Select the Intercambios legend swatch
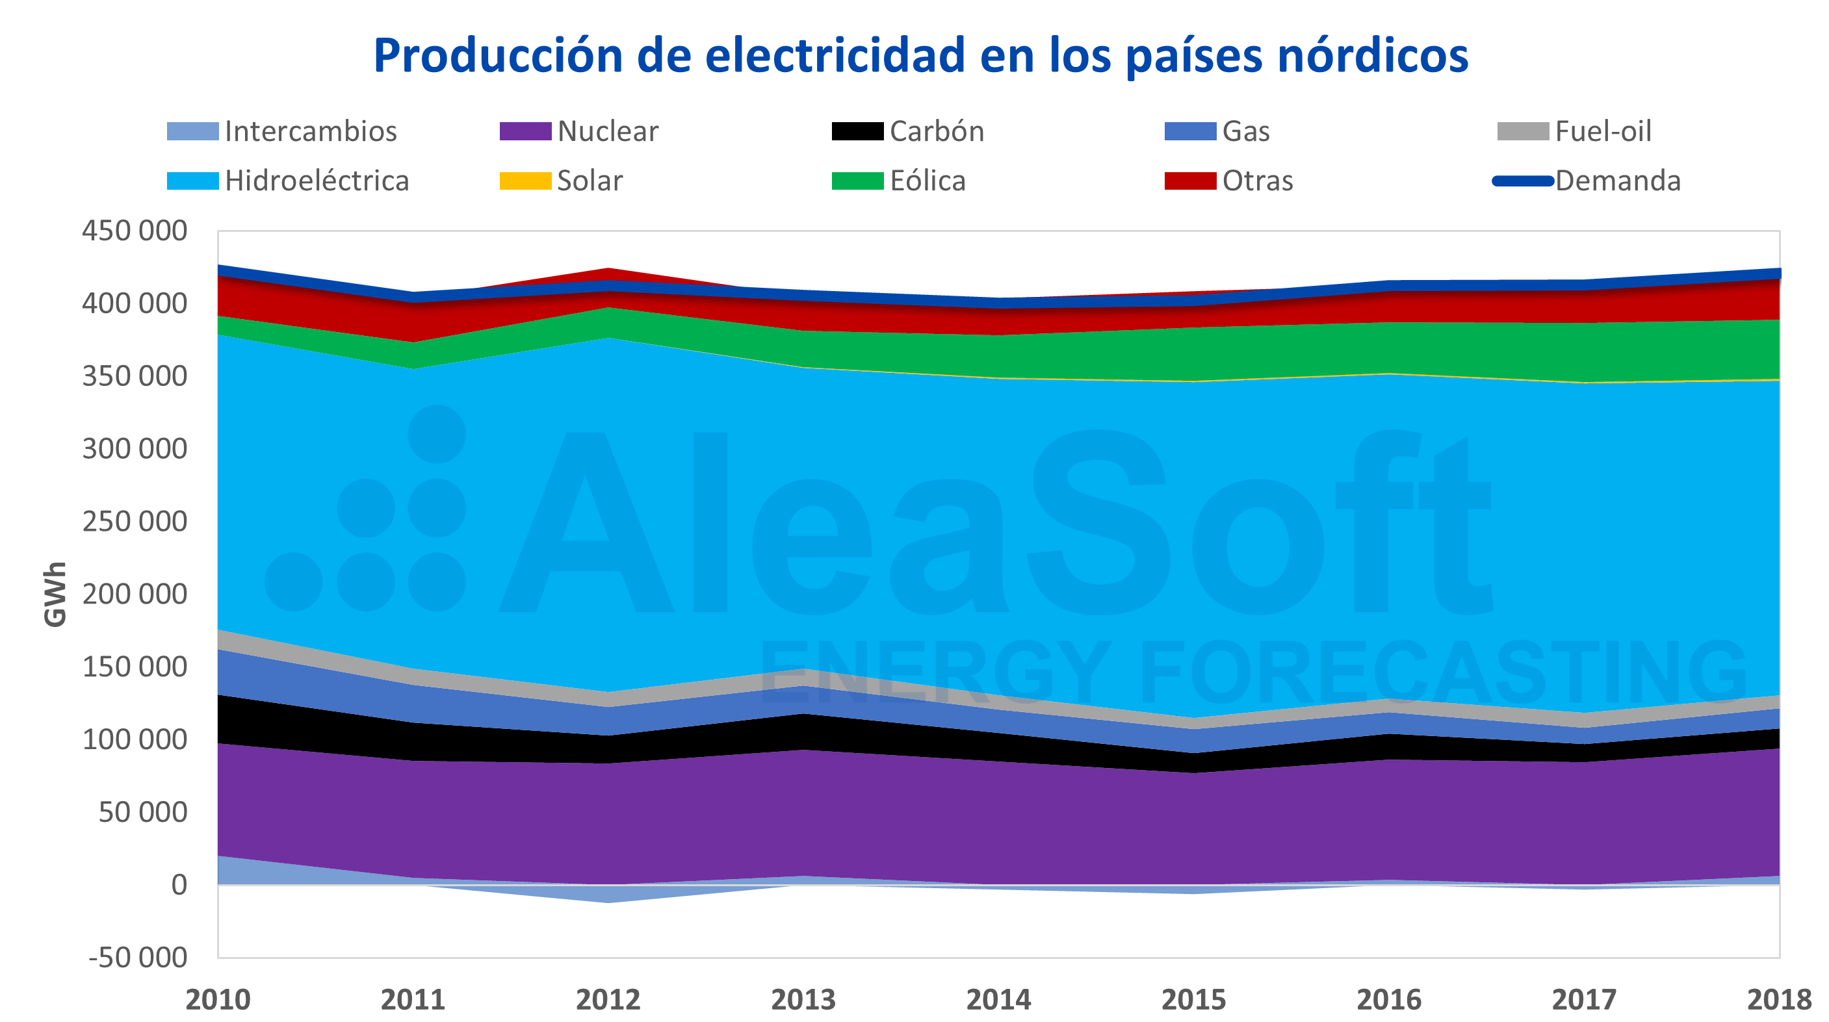(192, 131)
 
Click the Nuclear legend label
(607, 131)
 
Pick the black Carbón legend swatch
(857, 131)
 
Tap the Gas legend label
(1245, 131)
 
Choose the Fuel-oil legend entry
(1603, 131)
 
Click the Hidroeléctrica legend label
(317, 181)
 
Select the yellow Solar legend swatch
(525, 181)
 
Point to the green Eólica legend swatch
(857, 181)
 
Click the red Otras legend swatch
(1189, 181)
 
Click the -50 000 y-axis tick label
(138, 958)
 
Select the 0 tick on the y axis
(179, 885)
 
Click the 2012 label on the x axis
(608, 1000)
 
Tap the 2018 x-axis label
(1778, 1000)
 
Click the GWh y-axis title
(55, 594)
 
